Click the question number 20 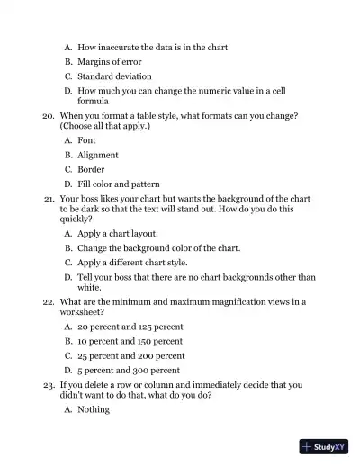(x=49, y=116)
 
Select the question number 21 (x=49, y=198)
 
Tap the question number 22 (x=49, y=302)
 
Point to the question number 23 (x=49, y=384)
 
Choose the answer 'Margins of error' (x=109, y=61)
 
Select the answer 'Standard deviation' (x=114, y=76)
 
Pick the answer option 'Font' (x=86, y=140)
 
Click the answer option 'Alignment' (x=98, y=155)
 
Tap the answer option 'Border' (x=91, y=169)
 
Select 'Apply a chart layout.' (x=117, y=233)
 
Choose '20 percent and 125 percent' (x=130, y=327)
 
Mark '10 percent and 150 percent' (x=130, y=341)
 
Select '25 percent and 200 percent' (x=130, y=355)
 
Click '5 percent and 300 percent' (x=129, y=370)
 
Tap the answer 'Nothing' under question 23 (x=94, y=409)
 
